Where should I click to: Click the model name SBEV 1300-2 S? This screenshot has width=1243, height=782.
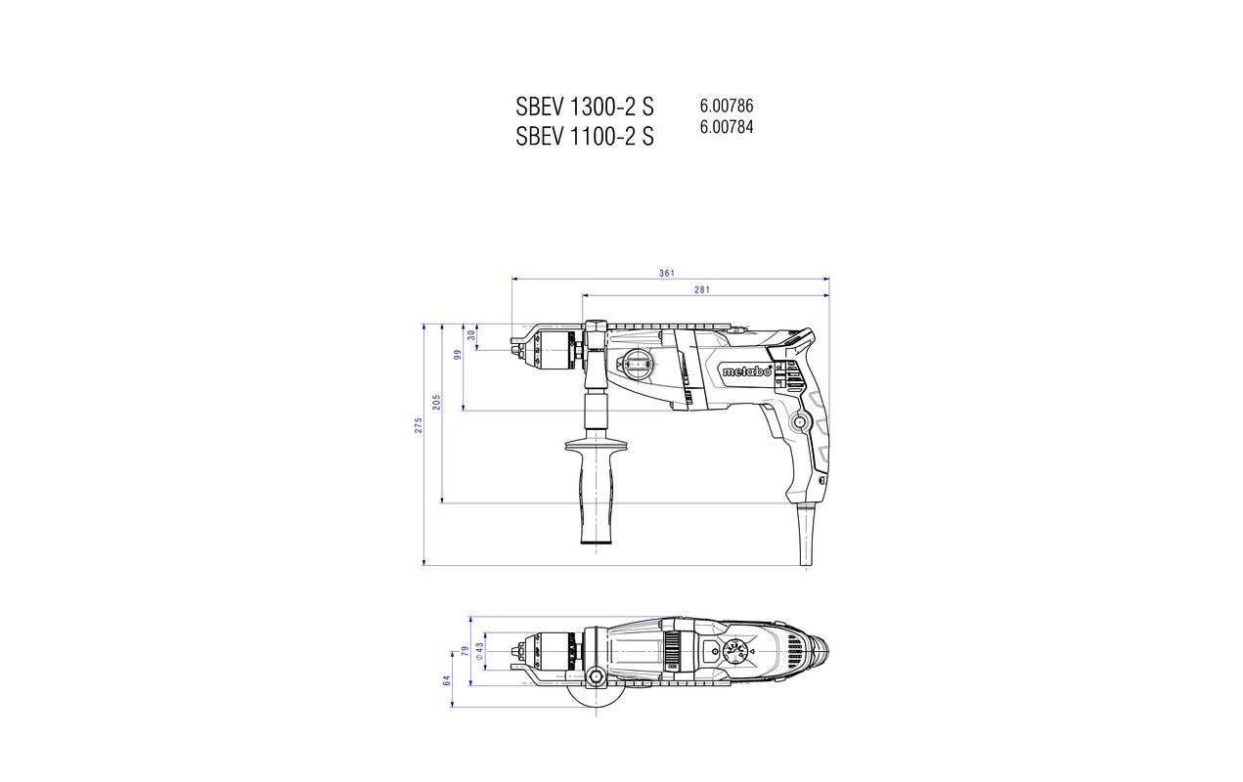[585, 107]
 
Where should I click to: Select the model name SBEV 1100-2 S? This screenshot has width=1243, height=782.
[585, 137]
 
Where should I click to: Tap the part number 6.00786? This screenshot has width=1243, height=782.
[727, 106]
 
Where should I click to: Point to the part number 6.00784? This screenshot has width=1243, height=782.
[727, 127]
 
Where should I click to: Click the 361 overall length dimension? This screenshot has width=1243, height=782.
[666, 273]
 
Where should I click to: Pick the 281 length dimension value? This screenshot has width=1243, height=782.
[702, 289]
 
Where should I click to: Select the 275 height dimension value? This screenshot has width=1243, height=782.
[419, 425]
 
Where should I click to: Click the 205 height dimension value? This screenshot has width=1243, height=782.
[437, 402]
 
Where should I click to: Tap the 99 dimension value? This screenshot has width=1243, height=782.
[458, 355]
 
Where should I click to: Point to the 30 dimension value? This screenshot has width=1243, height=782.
[471, 335]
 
